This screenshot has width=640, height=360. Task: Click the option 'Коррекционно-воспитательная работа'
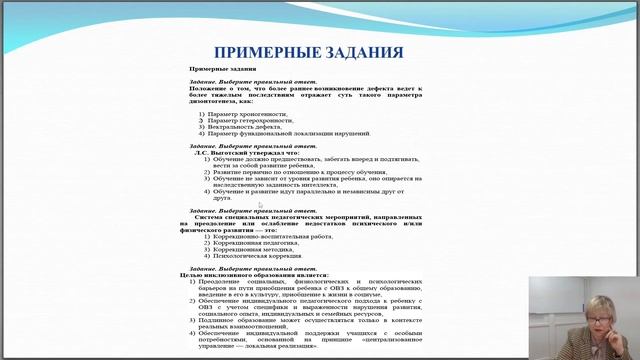[266, 236]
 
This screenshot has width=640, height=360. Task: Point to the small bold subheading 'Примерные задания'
[216, 69]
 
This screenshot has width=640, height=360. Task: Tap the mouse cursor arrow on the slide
[260, 205]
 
